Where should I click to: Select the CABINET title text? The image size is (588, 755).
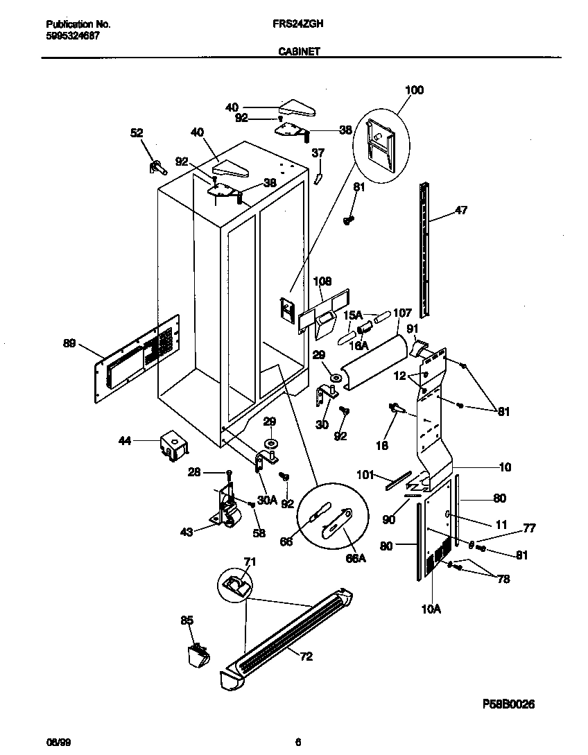pyautogui.click(x=299, y=50)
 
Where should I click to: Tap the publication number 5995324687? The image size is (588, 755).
pyautogui.click(x=67, y=35)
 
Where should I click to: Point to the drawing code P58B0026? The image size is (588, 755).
pyautogui.click(x=508, y=704)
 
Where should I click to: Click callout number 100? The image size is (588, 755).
pyautogui.click(x=413, y=90)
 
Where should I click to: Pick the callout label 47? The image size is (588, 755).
pyautogui.click(x=460, y=211)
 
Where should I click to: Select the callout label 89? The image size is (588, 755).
pyautogui.click(x=69, y=342)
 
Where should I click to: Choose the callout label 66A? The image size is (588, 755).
pyautogui.click(x=356, y=557)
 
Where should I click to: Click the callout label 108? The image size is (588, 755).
pyautogui.click(x=322, y=281)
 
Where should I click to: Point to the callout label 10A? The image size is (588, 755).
pyautogui.click(x=431, y=609)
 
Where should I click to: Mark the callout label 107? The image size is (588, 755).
pyautogui.click(x=402, y=313)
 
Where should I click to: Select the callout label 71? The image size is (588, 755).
pyautogui.click(x=249, y=562)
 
